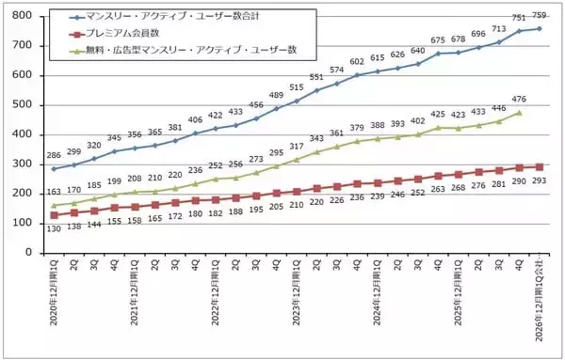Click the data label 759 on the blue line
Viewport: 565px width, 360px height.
coord(541,16)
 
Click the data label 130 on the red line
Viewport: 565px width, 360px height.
coord(55,228)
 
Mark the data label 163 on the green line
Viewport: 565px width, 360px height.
coord(55,192)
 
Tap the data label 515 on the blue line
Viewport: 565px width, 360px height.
coord(298,87)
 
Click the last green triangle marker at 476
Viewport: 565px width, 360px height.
coord(519,113)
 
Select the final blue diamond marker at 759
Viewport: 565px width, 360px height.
coord(540,28)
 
